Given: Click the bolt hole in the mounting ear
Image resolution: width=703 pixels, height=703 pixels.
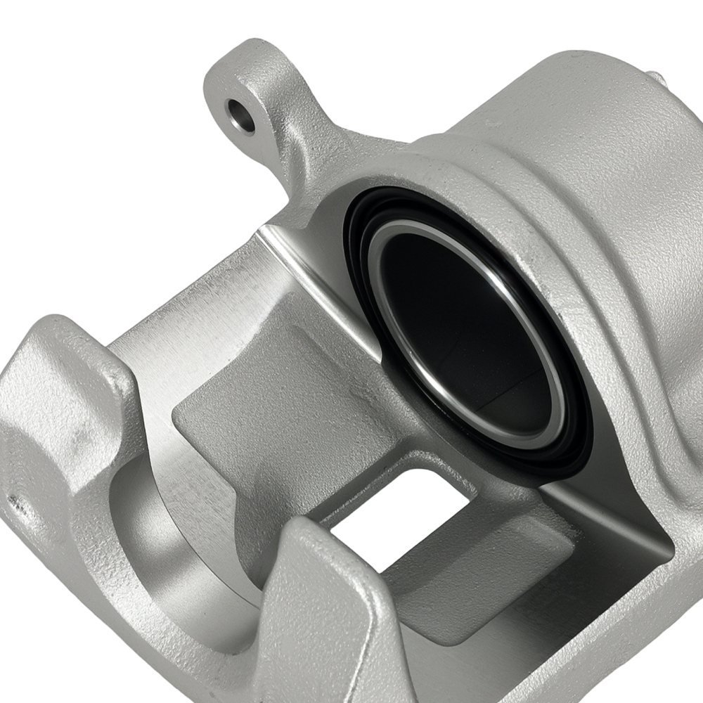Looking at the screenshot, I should point(240,115).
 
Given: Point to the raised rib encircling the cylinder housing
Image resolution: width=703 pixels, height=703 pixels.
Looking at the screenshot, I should point(605,295).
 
